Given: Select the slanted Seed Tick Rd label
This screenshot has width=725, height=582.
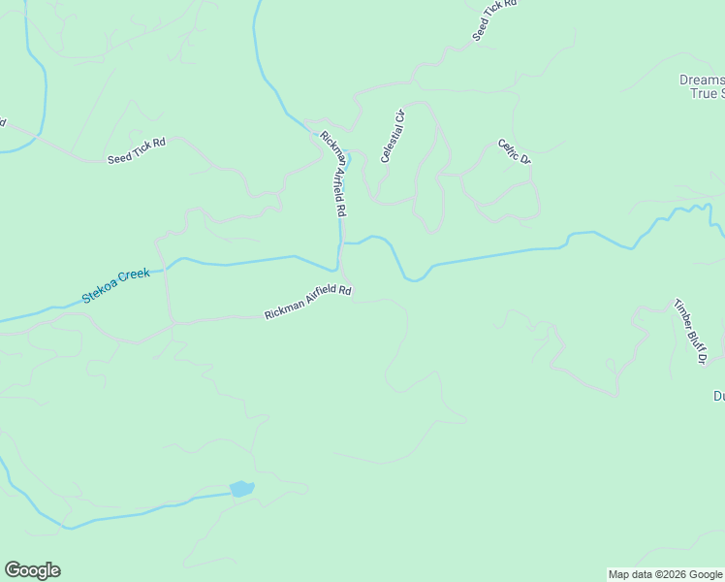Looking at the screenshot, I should [x=495, y=19].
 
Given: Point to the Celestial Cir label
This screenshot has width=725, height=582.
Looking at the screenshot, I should [x=392, y=136].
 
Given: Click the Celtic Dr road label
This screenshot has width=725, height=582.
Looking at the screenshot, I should [x=515, y=151].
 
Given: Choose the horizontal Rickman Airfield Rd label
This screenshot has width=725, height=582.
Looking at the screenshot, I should [x=307, y=303].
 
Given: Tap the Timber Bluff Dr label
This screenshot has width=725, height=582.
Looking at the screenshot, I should [x=690, y=332].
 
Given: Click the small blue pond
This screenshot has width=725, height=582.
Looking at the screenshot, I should [x=241, y=488].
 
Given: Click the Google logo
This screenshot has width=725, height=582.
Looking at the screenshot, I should [x=32, y=570].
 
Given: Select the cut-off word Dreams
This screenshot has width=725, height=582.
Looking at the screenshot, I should [x=699, y=81].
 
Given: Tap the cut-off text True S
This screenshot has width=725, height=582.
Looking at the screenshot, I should [x=705, y=94].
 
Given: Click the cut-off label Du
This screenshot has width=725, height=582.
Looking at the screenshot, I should [x=718, y=396].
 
